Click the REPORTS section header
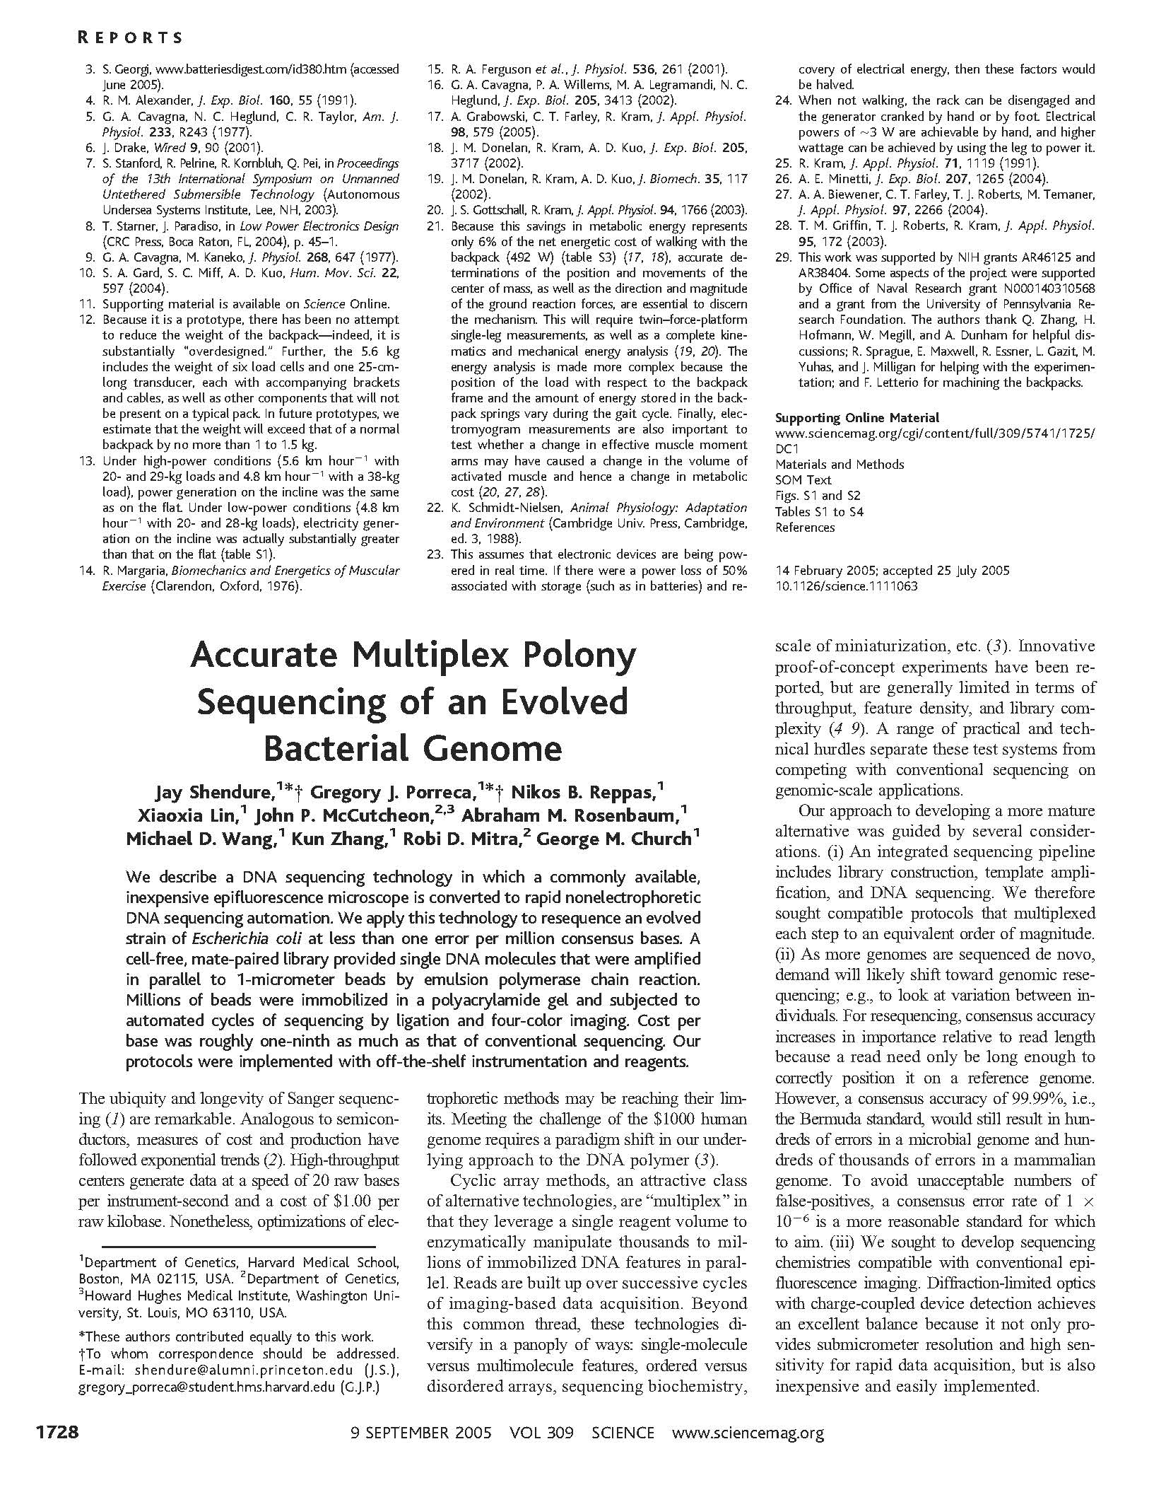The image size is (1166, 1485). [129, 37]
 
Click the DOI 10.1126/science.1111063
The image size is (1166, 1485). [846, 586]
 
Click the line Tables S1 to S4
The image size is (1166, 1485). [819, 511]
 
